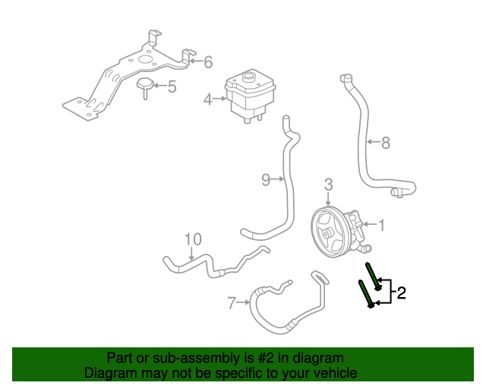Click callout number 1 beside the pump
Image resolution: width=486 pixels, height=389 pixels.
tap(382, 225)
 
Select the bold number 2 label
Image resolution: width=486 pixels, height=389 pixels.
tap(402, 293)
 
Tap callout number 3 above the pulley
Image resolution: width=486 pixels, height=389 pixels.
tap(328, 184)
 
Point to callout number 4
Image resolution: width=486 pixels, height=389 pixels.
tap(207, 98)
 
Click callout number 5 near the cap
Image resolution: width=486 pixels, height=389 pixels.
tap(172, 87)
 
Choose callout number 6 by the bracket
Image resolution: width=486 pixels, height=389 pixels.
tap(207, 62)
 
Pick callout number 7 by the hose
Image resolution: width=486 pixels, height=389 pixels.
tap(232, 304)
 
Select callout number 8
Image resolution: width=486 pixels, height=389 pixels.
tap(385, 141)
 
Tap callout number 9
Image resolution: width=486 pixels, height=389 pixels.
tap(266, 179)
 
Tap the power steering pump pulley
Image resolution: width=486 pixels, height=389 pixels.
tap(328, 233)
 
